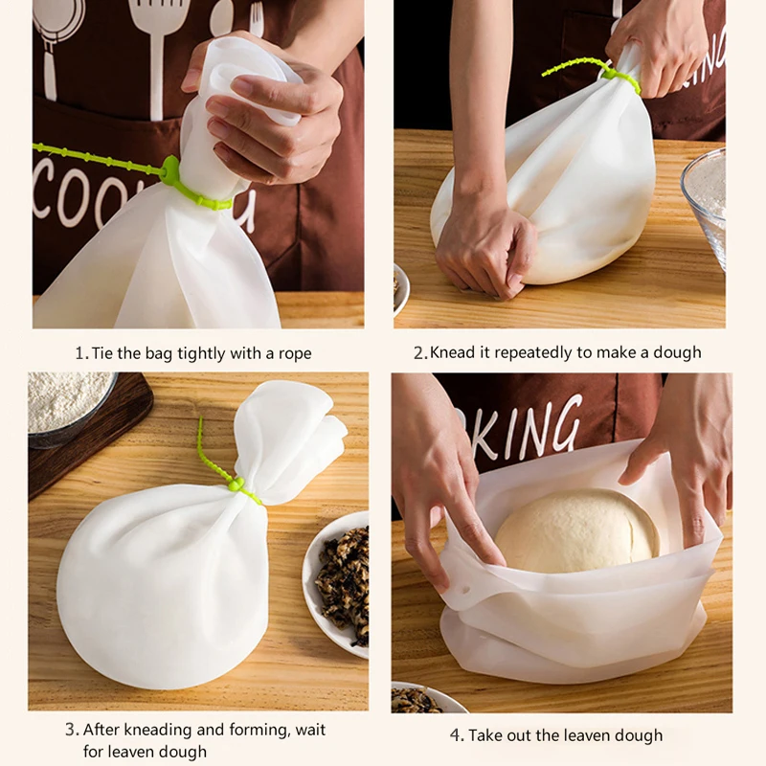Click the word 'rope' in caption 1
coord(294,353)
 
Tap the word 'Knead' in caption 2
coord(453,353)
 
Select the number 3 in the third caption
coord(71,730)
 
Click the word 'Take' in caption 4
coord(488,735)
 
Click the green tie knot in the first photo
coord(171,171)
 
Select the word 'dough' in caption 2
coord(676,353)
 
